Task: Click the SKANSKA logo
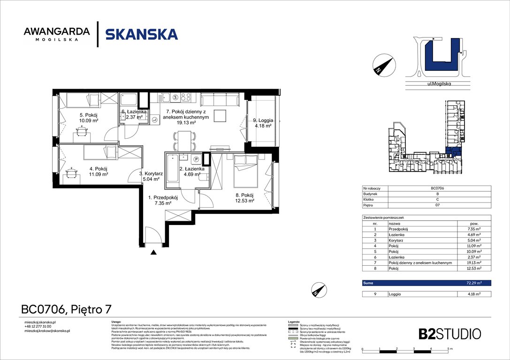[x=141, y=34]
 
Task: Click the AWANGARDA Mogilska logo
[x=57, y=34]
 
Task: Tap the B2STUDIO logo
[x=449, y=334]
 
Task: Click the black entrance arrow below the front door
[x=153, y=253]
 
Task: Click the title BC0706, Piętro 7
[x=67, y=309]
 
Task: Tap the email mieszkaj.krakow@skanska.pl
[x=47, y=331]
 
